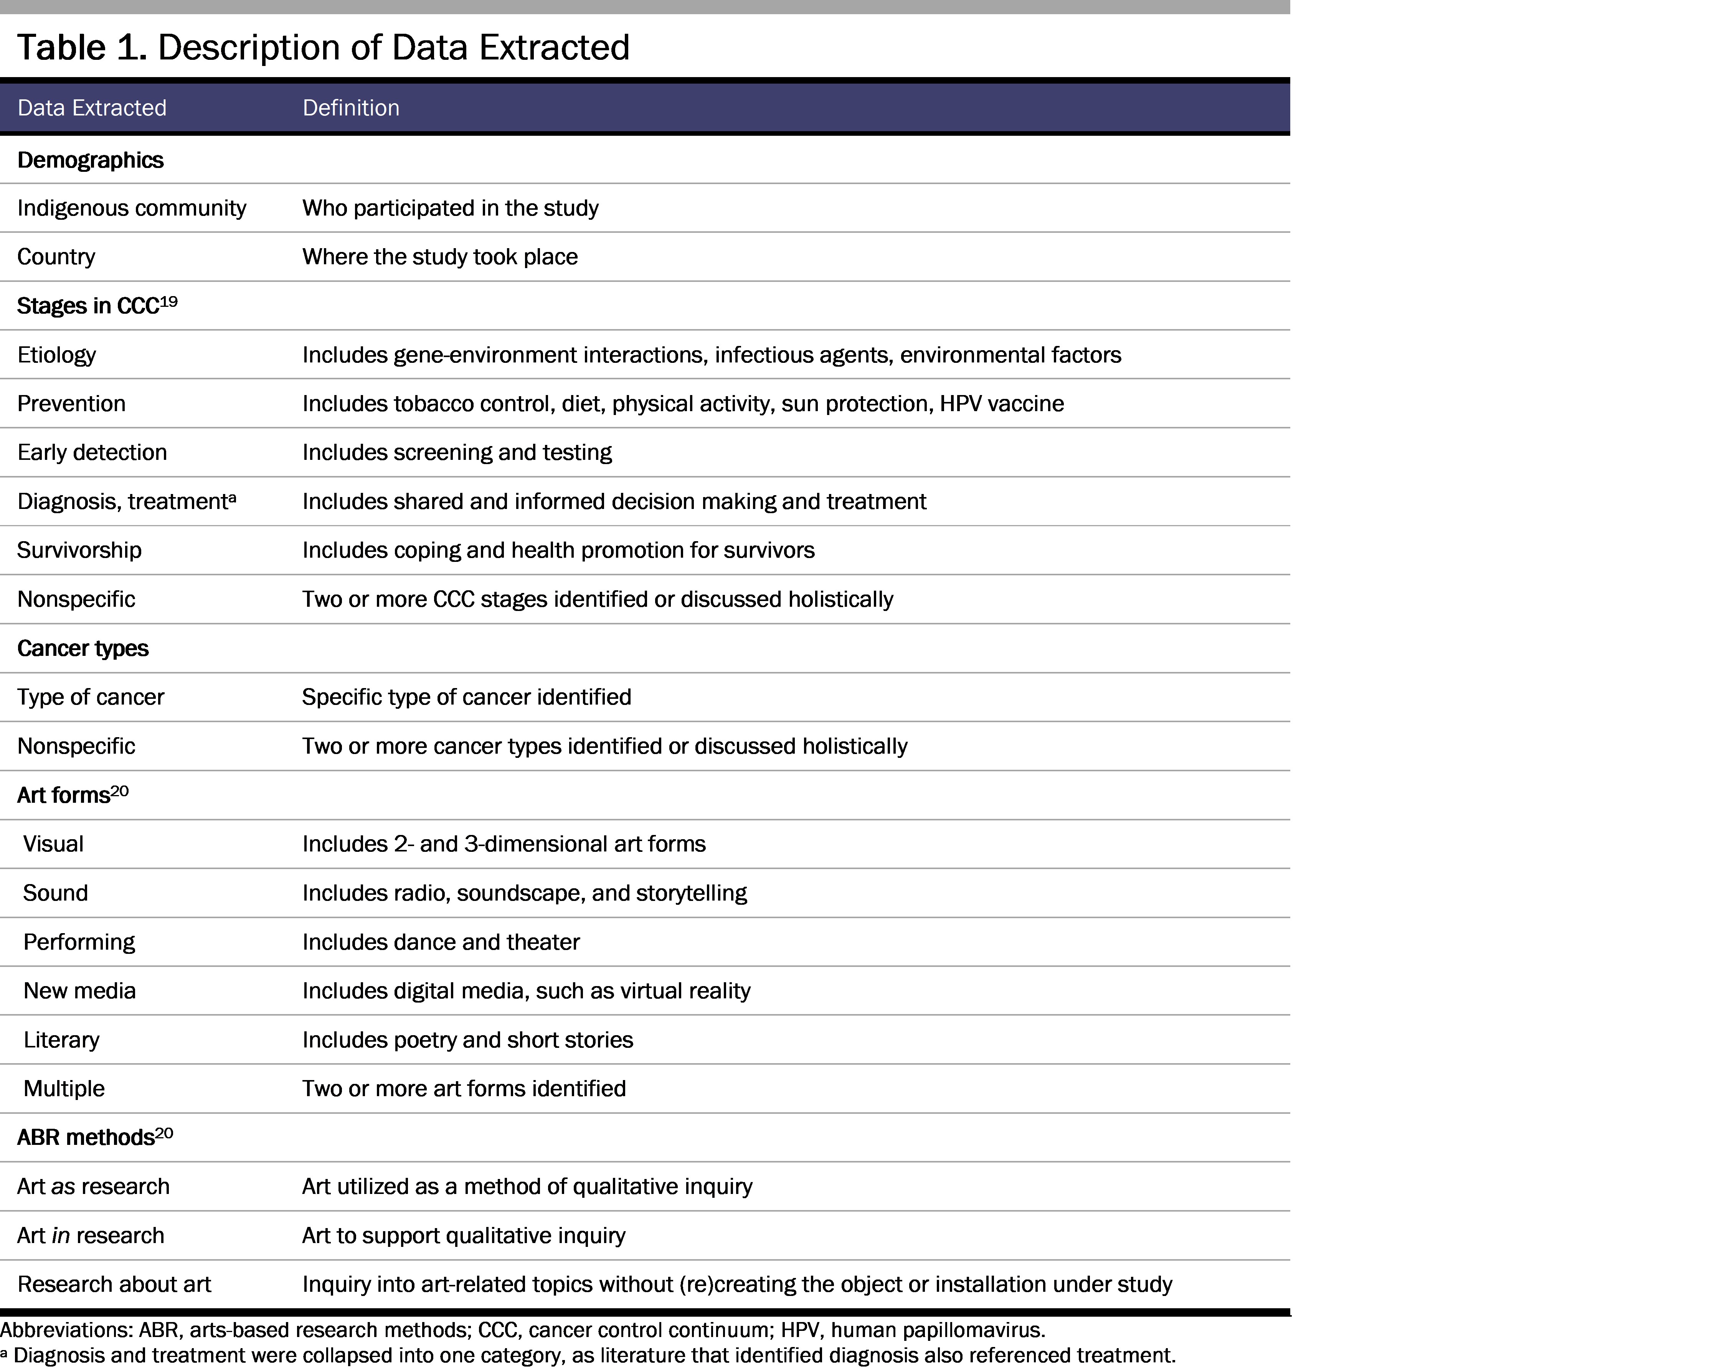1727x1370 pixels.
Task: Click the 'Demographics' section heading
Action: click(x=91, y=160)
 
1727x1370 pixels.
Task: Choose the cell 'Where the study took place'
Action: click(x=440, y=257)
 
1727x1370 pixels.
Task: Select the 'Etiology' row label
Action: click(x=57, y=355)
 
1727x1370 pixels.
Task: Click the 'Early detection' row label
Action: click(x=92, y=453)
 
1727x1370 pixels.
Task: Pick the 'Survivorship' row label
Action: click(x=79, y=550)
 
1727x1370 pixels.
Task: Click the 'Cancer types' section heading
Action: click(x=83, y=649)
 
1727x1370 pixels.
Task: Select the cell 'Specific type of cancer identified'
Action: click(x=466, y=697)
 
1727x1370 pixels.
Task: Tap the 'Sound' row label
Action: click(x=55, y=893)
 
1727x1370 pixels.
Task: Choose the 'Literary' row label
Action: click(x=62, y=1040)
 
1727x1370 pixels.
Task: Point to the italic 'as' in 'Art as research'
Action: click(x=63, y=1187)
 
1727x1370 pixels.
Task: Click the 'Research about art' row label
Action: click(x=114, y=1284)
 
